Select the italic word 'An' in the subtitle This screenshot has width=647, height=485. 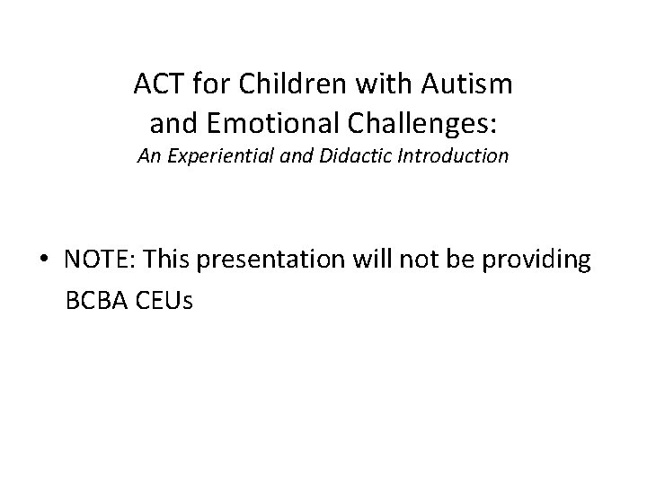pos(148,156)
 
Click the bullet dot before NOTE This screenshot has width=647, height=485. pos(44,260)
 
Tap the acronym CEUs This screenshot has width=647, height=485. pos(164,299)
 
